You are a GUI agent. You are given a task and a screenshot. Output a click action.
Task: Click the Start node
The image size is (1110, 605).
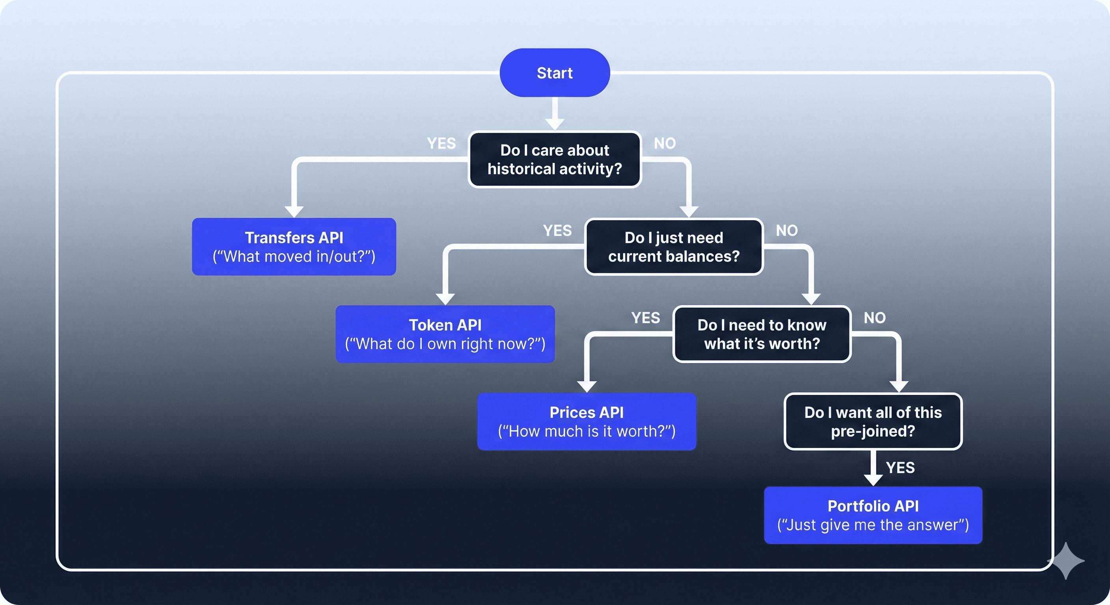pyautogui.click(x=555, y=73)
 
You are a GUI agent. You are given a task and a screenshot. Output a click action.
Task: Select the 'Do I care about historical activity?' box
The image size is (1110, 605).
pyautogui.click(x=555, y=159)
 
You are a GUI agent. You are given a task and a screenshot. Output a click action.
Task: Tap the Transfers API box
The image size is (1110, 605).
pyautogui.click(x=294, y=247)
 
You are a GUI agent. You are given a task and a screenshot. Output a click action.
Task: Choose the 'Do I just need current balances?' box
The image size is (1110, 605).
pyautogui.click(x=674, y=247)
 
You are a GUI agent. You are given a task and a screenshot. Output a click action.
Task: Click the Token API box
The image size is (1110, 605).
pyautogui.click(x=445, y=334)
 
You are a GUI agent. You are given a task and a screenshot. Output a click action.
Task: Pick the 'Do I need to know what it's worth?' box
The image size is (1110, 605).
pyautogui.click(x=762, y=334)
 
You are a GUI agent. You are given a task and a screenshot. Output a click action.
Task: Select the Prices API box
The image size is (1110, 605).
pyautogui.click(x=587, y=421)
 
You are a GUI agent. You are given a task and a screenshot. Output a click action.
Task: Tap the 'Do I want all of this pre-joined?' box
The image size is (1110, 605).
pyautogui.click(x=873, y=421)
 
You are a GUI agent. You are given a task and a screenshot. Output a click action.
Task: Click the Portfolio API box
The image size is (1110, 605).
pyautogui.click(x=873, y=515)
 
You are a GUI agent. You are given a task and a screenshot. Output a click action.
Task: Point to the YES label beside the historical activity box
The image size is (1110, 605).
pyautogui.click(x=441, y=143)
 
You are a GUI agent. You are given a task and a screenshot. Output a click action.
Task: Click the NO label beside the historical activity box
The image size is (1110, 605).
pyautogui.click(x=665, y=143)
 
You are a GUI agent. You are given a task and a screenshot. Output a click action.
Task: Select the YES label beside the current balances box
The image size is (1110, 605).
pyautogui.click(x=557, y=231)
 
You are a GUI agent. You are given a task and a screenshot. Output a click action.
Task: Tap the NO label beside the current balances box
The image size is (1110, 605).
pyautogui.click(x=787, y=231)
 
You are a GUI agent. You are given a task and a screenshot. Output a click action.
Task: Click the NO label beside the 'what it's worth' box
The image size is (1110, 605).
pyautogui.click(x=875, y=318)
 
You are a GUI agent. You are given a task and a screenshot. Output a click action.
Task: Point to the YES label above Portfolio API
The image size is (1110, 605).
pyautogui.click(x=900, y=468)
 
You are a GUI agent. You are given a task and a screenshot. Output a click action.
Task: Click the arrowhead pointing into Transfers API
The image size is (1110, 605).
pyautogui.click(x=294, y=212)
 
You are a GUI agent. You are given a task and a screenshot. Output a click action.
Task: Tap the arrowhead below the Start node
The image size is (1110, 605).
pyautogui.click(x=555, y=124)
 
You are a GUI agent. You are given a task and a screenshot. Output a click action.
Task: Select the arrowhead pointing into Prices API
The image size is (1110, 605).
pyautogui.click(x=587, y=386)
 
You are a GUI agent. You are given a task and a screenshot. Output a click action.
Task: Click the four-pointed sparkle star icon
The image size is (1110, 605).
pyautogui.click(x=1066, y=560)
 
